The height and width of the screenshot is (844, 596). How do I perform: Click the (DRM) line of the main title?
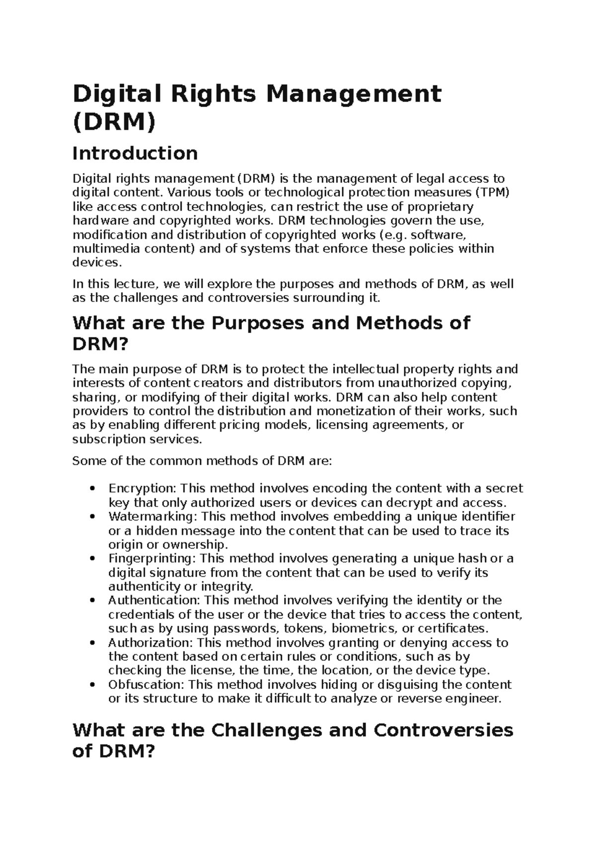click(114, 122)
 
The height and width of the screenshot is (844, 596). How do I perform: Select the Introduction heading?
click(135, 153)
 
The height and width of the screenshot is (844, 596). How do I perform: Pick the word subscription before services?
click(102, 439)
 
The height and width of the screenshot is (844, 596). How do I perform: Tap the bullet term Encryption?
click(143, 489)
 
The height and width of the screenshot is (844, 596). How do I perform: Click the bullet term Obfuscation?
click(146, 684)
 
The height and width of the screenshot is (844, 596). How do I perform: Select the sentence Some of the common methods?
click(201, 461)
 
